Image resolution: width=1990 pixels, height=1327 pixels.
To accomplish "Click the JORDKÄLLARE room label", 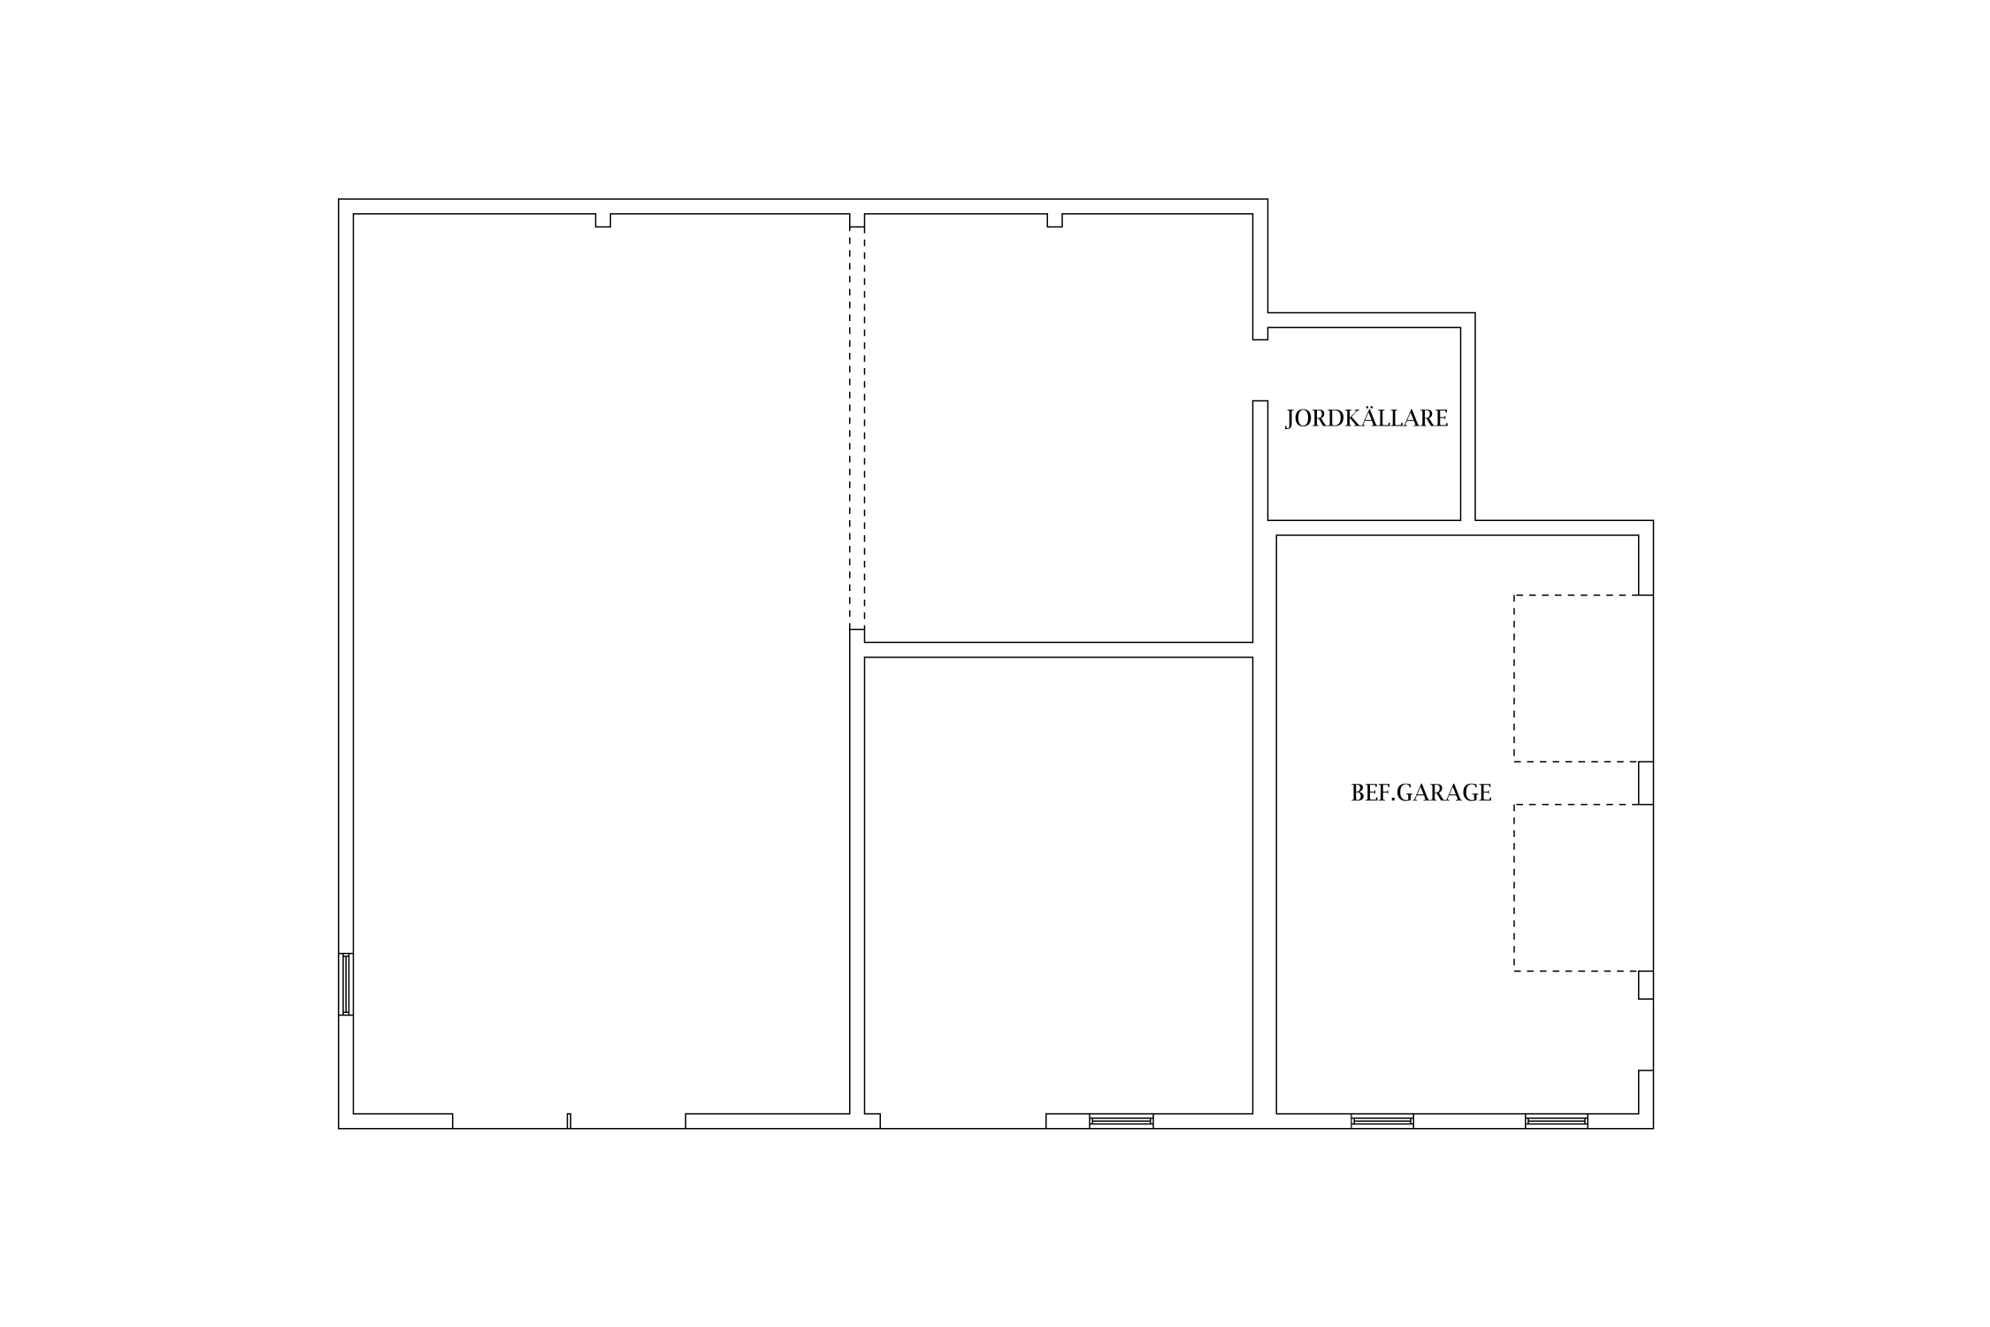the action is coord(1366,418).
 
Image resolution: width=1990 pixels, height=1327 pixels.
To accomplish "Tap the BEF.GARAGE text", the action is coord(1421,793).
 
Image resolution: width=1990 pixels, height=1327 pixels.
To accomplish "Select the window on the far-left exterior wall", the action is coord(346,984).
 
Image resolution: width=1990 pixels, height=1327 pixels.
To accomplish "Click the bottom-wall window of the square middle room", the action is coord(1121,1121).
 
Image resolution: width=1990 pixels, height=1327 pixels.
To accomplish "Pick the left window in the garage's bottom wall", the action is coord(1382,1121).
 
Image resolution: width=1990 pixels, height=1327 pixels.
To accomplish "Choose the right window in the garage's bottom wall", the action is coord(1557,1121).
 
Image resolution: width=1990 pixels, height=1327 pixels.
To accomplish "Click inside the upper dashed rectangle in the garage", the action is coord(1583,679).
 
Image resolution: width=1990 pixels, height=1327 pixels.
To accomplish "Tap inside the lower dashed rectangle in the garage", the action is coord(1583,888).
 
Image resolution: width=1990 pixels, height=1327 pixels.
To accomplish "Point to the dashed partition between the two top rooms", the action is coord(857,428).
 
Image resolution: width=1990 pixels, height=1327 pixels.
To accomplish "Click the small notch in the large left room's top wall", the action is coord(603,220).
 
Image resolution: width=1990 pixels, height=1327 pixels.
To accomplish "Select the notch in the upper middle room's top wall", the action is coord(1054,220).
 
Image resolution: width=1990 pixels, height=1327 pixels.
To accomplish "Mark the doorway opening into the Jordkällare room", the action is coord(1260,370).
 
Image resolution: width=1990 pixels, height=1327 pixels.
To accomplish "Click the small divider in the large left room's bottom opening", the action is coord(569,1121).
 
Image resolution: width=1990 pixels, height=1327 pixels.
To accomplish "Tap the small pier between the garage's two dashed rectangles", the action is coord(1646,783).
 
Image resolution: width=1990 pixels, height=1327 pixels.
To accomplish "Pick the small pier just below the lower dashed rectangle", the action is coord(1646,986).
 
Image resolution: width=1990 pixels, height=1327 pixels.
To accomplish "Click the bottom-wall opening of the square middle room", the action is coord(963,1121).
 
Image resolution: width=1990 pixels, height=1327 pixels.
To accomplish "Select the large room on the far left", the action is coord(601,663).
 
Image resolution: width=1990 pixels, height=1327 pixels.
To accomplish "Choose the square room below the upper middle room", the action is coord(1059,885).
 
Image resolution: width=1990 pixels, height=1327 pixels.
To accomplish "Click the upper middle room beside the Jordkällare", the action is coord(1059,428).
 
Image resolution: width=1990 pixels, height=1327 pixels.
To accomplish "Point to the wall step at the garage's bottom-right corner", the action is coord(1646,1092).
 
